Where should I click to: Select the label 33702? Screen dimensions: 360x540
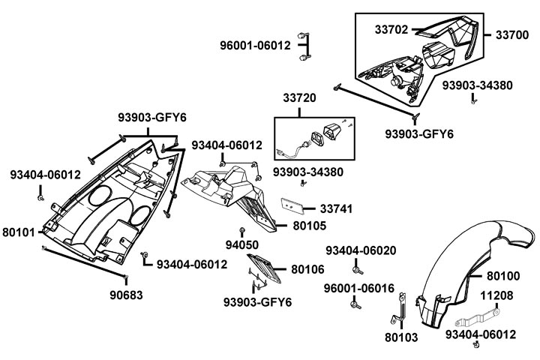pyautogui.click(x=391, y=30)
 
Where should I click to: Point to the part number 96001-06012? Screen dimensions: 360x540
pyautogui.click(x=255, y=45)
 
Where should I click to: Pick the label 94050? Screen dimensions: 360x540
pyautogui.click(x=242, y=244)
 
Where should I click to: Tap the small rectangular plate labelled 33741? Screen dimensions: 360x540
pyautogui.click(x=292, y=204)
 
